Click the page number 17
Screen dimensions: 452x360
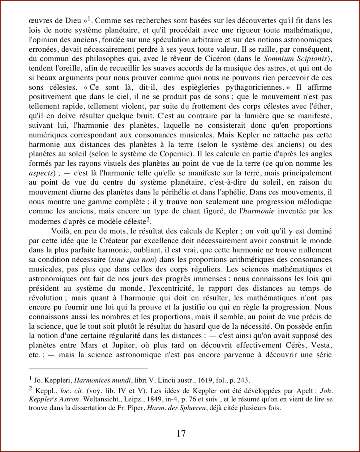(x=181, y=433)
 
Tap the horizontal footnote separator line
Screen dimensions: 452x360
(x=88, y=369)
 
